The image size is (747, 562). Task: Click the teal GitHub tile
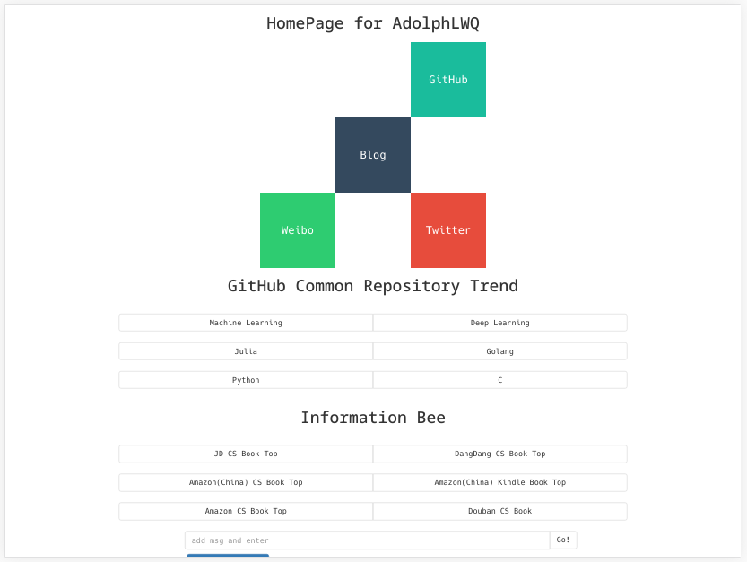448,80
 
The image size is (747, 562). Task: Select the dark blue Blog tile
373,155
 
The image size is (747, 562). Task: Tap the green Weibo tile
298,230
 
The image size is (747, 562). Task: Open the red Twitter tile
448,230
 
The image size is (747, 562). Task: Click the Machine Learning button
246,323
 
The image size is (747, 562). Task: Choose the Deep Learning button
499,323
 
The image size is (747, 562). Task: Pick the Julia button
246,351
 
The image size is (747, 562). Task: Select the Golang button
499,351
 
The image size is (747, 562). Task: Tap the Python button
246,380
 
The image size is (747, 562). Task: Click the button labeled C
499,380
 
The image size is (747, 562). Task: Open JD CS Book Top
246,454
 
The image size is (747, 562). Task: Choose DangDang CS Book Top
499,454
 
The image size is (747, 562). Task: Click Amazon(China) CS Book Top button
246,482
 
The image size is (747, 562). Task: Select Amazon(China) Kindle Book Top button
499,482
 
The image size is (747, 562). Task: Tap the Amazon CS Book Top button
246,511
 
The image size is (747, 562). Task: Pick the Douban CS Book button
499,511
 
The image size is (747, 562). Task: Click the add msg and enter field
367,540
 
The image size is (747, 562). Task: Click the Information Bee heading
373,418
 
